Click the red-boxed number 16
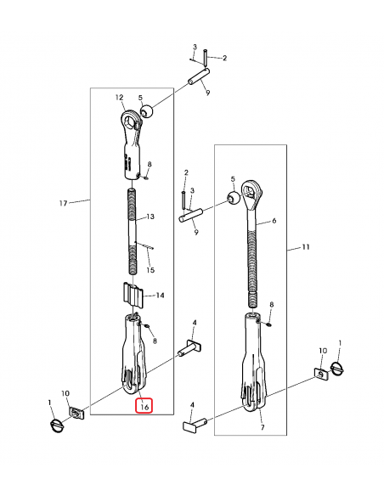[144, 406]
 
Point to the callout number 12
[120, 98]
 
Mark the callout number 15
[151, 270]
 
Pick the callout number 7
[262, 428]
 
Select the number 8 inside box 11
[272, 304]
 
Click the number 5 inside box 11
[232, 179]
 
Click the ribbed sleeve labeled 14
[132, 297]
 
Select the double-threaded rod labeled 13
[133, 230]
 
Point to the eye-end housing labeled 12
[130, 140]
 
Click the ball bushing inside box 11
[231, 198]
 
